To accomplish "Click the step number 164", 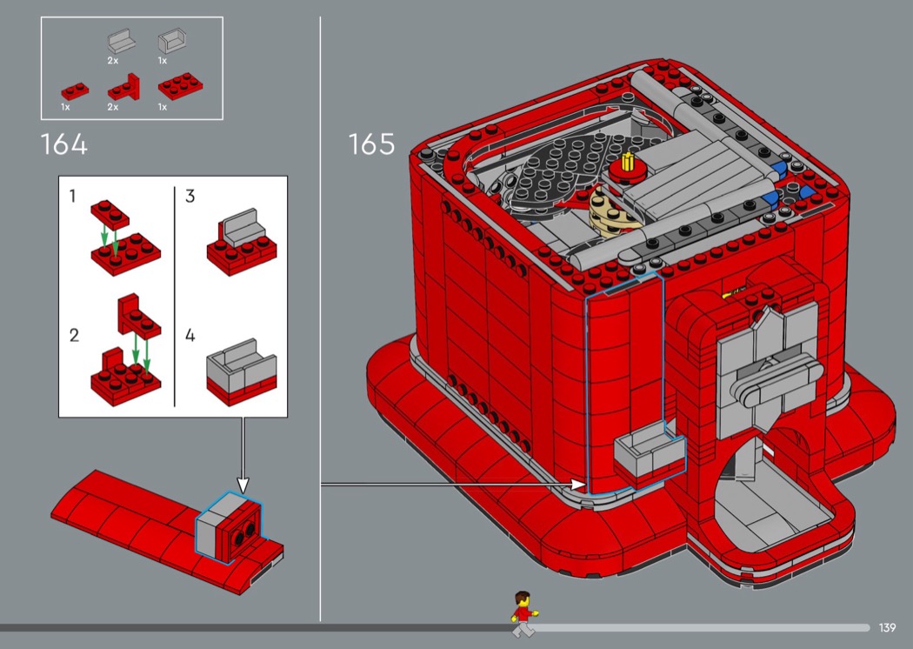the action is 64,144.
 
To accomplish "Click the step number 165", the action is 371,144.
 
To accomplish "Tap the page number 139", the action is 887,627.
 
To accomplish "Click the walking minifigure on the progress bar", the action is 523,613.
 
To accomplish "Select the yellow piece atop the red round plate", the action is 628,161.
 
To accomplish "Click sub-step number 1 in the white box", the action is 72,196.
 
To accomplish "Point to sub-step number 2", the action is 74,335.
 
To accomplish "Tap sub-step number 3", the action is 190,196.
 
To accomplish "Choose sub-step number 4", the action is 190,335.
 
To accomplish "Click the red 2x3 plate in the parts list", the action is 181,85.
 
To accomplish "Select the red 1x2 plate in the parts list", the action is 75,91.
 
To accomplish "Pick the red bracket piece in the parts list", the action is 123,88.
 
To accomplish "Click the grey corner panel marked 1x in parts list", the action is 172,42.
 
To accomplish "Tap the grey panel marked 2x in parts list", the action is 121,42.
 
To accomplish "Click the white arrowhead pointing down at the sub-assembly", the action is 243,485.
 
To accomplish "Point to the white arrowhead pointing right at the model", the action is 578,484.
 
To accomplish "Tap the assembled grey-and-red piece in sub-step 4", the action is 241,372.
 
